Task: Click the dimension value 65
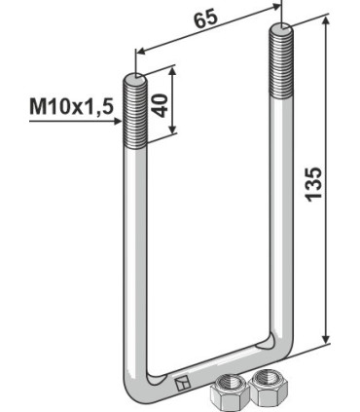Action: point(206,19)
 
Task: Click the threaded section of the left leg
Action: point(134,112)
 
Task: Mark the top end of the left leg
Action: point(134,77)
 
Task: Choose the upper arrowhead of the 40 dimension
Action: point(174,67)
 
